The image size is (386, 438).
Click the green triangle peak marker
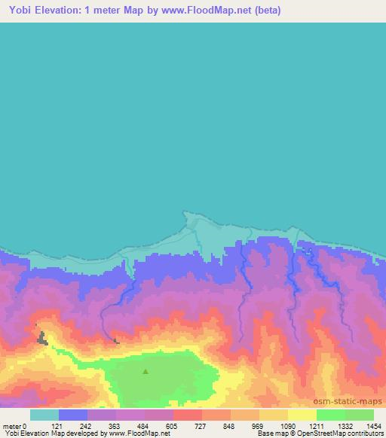(x=146, y=371)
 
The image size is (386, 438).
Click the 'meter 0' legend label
(x=14, y=425)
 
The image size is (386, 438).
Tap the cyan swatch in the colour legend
(x=44, y=415)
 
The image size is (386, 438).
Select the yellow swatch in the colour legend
(x=302, y=415)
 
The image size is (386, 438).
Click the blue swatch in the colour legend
(x=73, y=415)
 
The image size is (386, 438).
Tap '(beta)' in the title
(x=275, y=11)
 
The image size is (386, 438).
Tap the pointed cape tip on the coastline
(x=186, y=213)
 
